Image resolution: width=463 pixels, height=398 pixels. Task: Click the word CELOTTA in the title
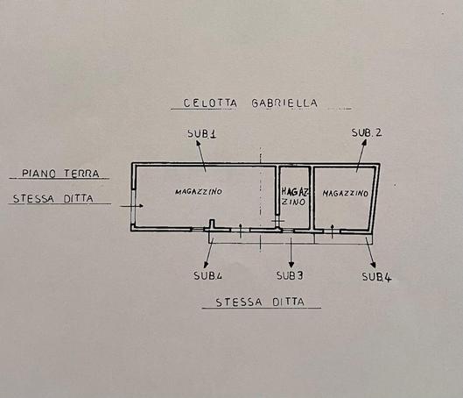tap(210, 103)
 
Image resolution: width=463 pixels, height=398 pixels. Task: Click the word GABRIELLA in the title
tap(284, 103)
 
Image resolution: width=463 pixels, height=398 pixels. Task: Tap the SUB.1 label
tap(202, 133)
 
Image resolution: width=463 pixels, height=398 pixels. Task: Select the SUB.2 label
tap(367, 132)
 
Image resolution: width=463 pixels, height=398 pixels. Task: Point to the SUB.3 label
tap(290, 275)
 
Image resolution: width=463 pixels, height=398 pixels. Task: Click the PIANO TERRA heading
tap(60, 174)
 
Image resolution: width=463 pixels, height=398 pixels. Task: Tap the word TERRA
tap(81, 174)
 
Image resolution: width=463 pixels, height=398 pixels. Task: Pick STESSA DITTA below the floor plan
tap(260, 302)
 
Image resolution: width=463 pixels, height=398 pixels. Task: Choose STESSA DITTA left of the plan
tap(53, 198)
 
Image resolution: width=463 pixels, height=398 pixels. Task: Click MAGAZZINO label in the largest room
tap(199, 192)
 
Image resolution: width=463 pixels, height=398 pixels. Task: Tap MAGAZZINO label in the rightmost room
tap(345, 194)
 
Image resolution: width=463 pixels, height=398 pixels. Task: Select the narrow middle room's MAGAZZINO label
tap(294, 196)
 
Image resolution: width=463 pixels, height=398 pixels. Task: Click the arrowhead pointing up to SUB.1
tap(198, 143)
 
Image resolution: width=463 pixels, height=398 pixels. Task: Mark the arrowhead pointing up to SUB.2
tap(364, 142)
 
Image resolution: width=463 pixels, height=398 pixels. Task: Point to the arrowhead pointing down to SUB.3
tap(291, 265)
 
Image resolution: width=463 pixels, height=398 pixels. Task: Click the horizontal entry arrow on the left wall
tap(131, 206)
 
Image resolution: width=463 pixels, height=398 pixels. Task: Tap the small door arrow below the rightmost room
tap(333, 231)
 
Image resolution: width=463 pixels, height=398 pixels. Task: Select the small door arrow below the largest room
tap(241, 231)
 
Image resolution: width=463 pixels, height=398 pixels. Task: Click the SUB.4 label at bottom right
tap(376, 277)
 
